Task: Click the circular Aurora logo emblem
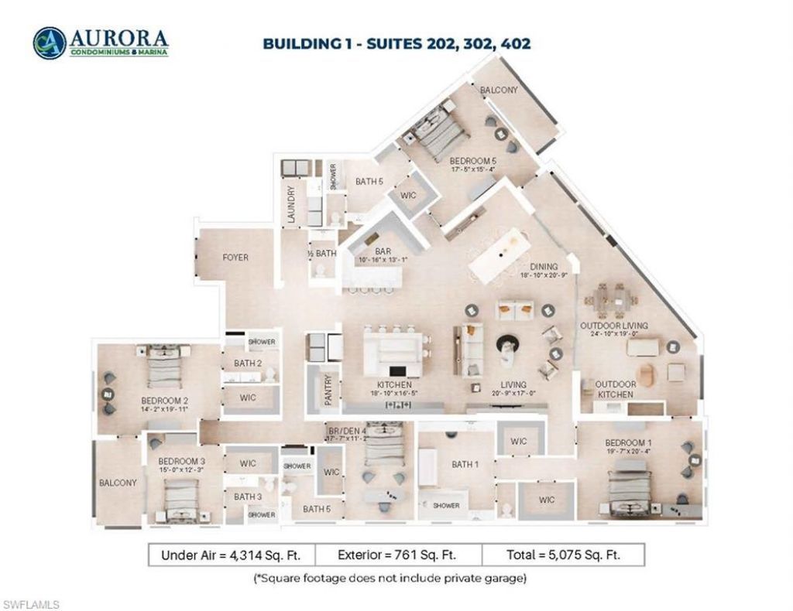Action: (x=49, y=43)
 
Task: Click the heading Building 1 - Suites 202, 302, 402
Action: (x=396, y=43)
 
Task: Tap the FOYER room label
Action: (x=235, y=258)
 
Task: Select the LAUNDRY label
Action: (x=292, y=205)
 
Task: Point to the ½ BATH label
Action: (x=321, y=253)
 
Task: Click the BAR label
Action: (x=382, y=251)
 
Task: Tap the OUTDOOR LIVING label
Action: (x=614, y=326)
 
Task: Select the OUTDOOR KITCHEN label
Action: (x=616, y=389)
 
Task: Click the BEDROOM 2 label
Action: (x=164, y=401)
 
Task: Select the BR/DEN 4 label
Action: (x=345, y=430)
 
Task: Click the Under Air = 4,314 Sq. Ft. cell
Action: (x=236, y=555)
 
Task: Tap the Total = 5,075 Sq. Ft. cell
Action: (x=563, y=555)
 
